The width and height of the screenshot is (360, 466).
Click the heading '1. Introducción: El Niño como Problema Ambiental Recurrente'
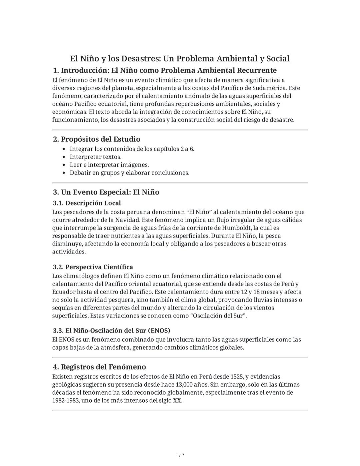[x=165, y=70]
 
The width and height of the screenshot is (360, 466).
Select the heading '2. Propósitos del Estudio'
[x=97, y=139]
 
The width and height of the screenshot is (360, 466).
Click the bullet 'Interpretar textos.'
[x=95, y=157]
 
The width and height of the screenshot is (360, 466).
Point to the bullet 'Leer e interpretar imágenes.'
[x=109, y=165]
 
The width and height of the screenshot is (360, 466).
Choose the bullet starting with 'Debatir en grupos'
[x=129, y=173]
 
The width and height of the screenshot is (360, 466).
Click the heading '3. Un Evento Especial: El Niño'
[x=106, y=192]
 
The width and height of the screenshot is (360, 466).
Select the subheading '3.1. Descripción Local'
[x=87, y=203]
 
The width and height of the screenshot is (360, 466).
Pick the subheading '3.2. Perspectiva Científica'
[x=93, y=267]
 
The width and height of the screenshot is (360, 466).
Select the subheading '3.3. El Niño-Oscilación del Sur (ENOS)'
[x=112, y=331]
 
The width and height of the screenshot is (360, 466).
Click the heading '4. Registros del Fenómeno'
[x=99, y=367]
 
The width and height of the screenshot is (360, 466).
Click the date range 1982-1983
[x=65, y=400]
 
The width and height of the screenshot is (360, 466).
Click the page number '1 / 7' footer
[x=180, y=455]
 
